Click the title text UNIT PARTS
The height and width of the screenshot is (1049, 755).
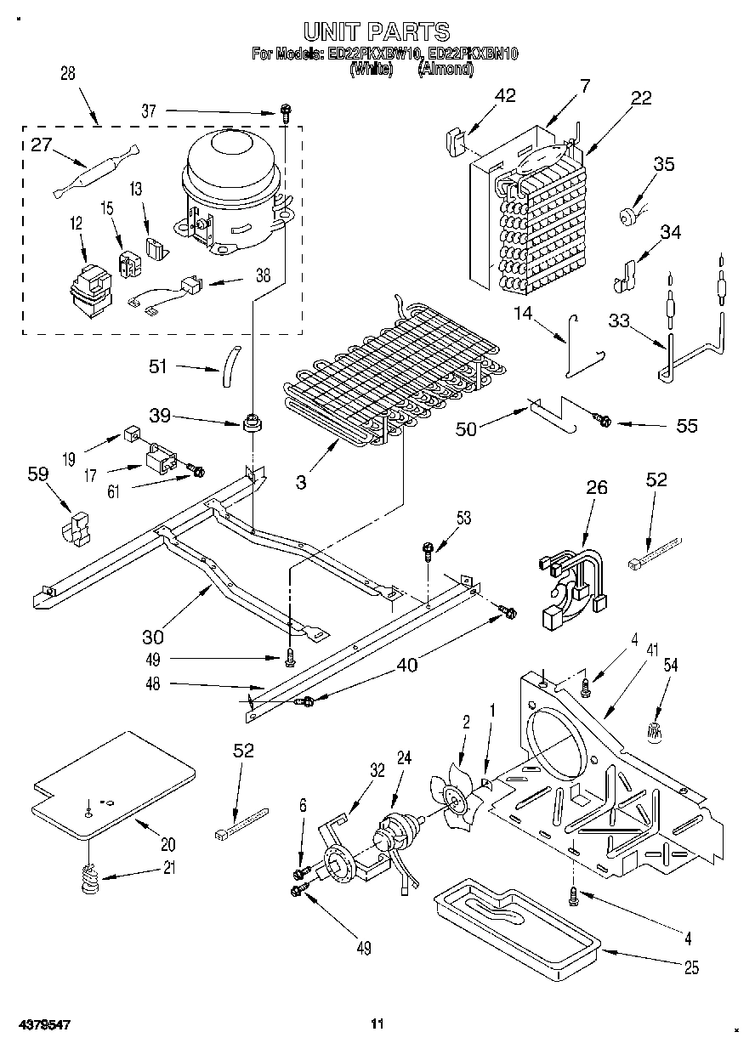pos(377,32)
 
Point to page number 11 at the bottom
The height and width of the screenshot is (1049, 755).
pos(377,1023)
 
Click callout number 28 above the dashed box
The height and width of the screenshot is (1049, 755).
pos(68,74)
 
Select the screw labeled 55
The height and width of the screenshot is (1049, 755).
pos(603,419)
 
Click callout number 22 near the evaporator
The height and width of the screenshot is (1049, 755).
pos(640,98)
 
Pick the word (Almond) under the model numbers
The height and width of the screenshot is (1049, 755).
pos(446,69)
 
